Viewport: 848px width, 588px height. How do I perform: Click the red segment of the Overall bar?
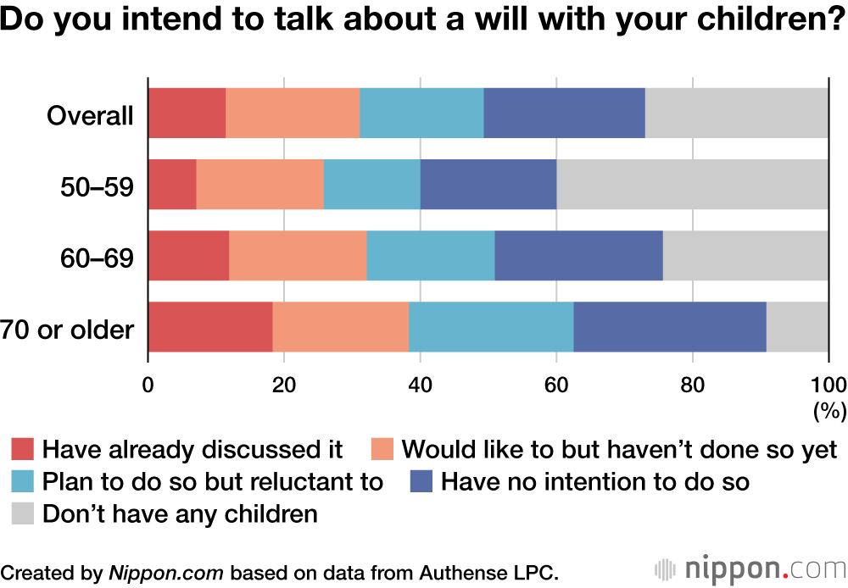point(187,113)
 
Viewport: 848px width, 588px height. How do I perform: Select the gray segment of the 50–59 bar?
point(692,184)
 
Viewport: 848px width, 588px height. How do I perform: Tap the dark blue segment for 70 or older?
point(669,326)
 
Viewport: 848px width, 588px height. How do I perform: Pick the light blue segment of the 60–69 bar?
point(430,255)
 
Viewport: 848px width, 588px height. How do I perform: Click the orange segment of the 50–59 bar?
point(259,184)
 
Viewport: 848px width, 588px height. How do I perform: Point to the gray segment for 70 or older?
point(797,326)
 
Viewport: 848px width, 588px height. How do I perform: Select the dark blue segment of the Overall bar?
point(564,113)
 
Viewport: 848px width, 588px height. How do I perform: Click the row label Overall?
point(90,114)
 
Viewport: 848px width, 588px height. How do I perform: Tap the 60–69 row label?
point(95,257)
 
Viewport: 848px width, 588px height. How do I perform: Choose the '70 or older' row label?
point(68,329)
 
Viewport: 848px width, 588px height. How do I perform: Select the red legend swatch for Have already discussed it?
point(23,448)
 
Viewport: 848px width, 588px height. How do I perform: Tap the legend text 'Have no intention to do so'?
point(595,481)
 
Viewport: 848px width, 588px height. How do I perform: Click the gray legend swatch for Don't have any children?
point(23,513)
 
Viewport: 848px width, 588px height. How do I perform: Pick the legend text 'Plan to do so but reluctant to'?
point(213,481)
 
